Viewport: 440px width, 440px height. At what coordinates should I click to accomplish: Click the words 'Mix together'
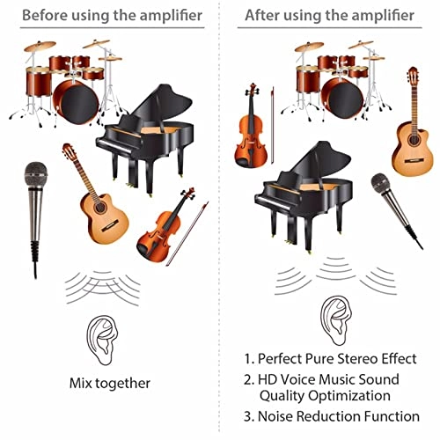tap(109, 383)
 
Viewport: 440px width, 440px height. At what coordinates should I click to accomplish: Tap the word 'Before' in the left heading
tap(45, 15)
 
